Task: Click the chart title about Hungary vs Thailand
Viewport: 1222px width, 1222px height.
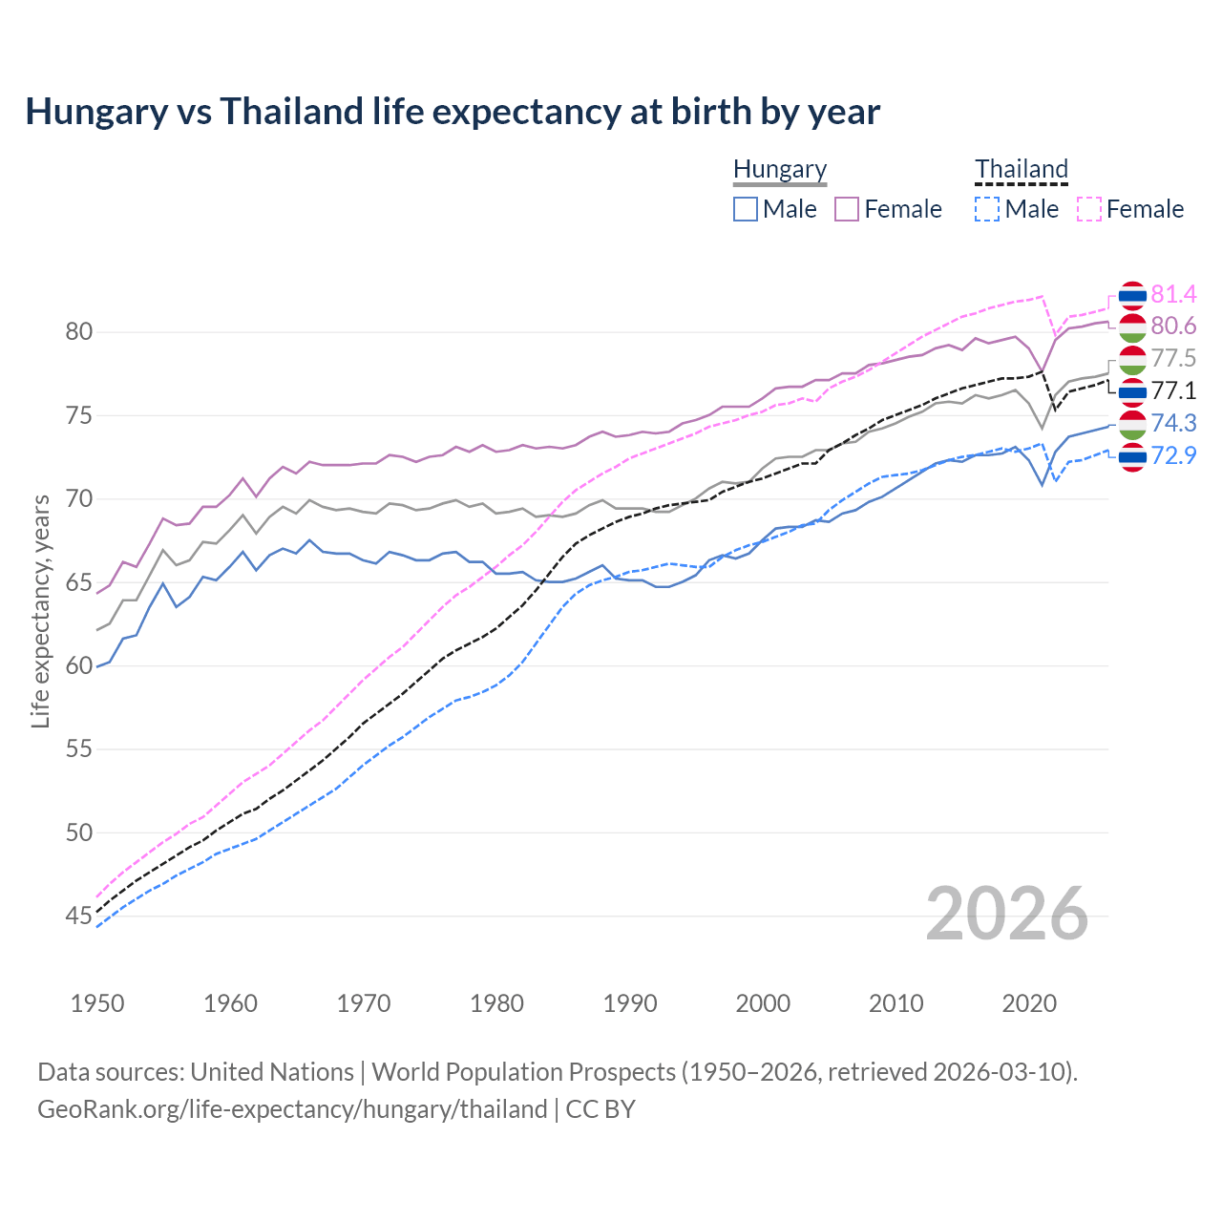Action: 453,112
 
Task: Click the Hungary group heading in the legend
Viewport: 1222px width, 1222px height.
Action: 780,170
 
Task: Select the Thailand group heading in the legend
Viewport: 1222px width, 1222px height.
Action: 1021,170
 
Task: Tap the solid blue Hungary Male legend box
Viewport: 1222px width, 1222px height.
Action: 746,209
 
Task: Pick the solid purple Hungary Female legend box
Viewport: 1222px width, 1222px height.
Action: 847,209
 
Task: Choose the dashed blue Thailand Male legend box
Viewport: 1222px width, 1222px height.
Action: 987,209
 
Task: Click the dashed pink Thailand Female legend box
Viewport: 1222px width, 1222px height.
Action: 1089,209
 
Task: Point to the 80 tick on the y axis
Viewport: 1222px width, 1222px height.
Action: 78,332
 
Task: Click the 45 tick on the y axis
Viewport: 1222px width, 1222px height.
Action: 78,916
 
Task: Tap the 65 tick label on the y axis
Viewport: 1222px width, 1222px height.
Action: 78,582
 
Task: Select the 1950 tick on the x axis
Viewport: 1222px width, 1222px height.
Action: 97,1003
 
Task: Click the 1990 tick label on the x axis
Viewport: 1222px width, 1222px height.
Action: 630,1003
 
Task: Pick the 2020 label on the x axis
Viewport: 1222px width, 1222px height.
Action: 1029,1003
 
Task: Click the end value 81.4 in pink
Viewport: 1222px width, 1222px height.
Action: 1173,294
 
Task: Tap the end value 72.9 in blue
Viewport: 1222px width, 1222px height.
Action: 1173,455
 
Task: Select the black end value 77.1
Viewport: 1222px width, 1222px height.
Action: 1173,390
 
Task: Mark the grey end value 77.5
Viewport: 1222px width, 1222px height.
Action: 1173,358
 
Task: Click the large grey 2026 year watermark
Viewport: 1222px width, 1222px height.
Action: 1007,914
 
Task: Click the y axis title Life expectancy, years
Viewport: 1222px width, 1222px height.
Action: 40,611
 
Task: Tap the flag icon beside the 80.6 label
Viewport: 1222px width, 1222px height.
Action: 1132,327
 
